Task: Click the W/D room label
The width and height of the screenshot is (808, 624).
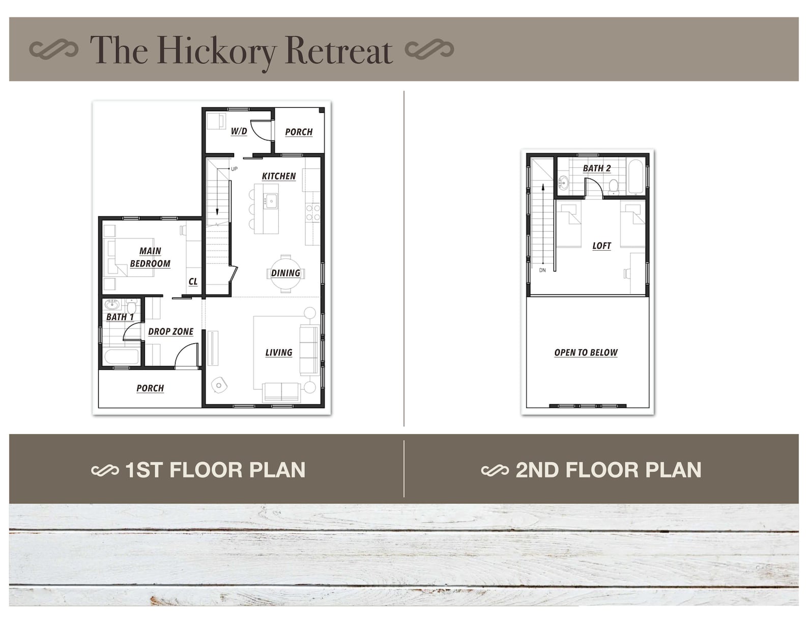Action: [239, 131]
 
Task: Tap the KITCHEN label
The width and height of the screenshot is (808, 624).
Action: [278, 176]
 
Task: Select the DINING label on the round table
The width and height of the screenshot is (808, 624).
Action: [285, 273]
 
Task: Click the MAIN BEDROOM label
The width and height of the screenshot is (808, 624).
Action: [150, 257]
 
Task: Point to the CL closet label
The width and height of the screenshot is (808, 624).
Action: [193, 281]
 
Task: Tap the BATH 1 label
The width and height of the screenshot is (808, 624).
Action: [120, 317]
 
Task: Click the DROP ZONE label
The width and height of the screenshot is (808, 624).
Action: [170, 332]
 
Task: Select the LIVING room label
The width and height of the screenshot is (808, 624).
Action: [278, 352]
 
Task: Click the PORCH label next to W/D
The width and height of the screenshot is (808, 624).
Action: [299, 132]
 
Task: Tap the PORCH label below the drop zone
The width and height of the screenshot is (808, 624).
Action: [150, 388]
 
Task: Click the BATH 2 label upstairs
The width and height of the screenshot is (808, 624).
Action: [596, 168]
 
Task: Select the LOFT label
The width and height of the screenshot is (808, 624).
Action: [601, 246]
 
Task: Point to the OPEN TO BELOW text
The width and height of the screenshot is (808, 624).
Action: [586, 352]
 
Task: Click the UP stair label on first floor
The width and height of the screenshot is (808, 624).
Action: [234, 169]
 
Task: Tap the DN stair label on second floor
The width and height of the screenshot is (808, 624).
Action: [542, 270]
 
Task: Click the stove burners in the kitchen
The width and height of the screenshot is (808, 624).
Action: [313, 212]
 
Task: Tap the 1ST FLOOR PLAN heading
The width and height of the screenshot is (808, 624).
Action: [215, 470]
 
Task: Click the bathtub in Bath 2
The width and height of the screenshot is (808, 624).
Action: [636, 177]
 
